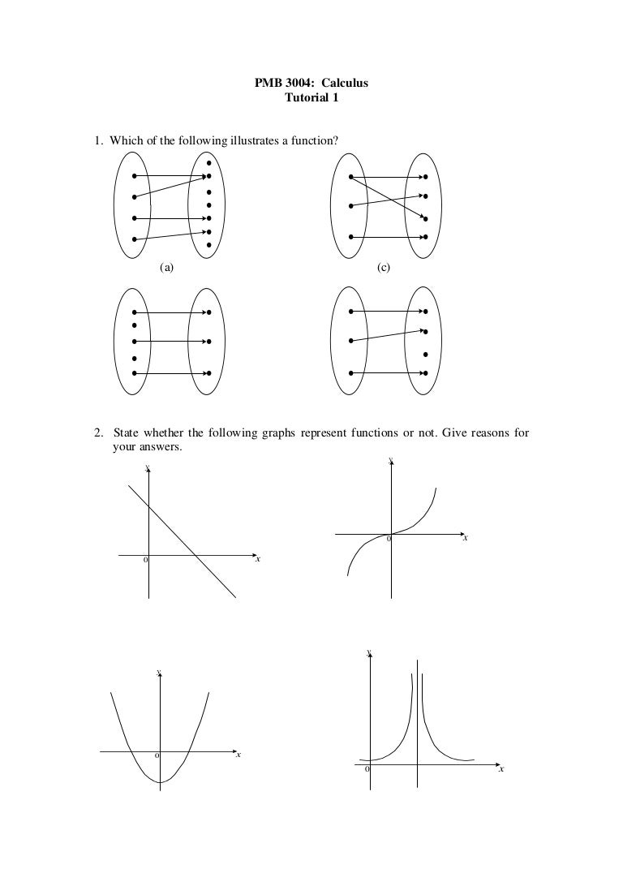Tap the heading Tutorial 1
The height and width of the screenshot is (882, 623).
pyautogui.click(x=311, y=98)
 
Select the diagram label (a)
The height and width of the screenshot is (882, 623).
pyautogui.click(x=167, y=266)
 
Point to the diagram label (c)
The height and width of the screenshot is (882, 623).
pyautogui.click(x=383, y=266)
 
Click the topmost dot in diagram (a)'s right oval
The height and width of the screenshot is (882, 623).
pyautogui.click(x=209, y=162)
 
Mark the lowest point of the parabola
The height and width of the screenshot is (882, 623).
pyautogui.click(x=161, y=782)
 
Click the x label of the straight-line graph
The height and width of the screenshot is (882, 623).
pyautogui.click(x=257, y=559)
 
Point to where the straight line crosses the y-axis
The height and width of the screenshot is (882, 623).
pyautogui.click(x=148, y=507)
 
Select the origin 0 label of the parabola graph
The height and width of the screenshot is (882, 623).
pyautogui.click(x=157, y=757)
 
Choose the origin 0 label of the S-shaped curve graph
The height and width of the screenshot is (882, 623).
pyautogui.click(x=389, y=540)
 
